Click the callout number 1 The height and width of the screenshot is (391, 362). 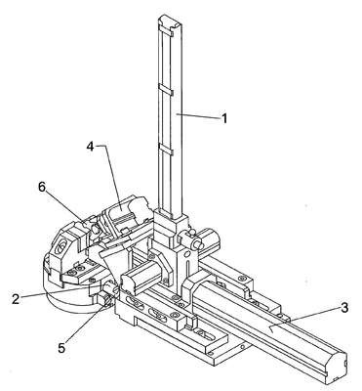pos(224,119)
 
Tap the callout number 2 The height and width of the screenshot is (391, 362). pos(16,298)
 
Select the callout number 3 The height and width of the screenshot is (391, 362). pos(343,308)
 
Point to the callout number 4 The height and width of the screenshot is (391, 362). pos(90,147)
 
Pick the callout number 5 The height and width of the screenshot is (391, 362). pos(61,348)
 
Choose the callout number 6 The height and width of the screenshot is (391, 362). pos(42,187)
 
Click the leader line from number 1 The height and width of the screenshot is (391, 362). pos(197,116)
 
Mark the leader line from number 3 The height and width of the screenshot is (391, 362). pos(304,319)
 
